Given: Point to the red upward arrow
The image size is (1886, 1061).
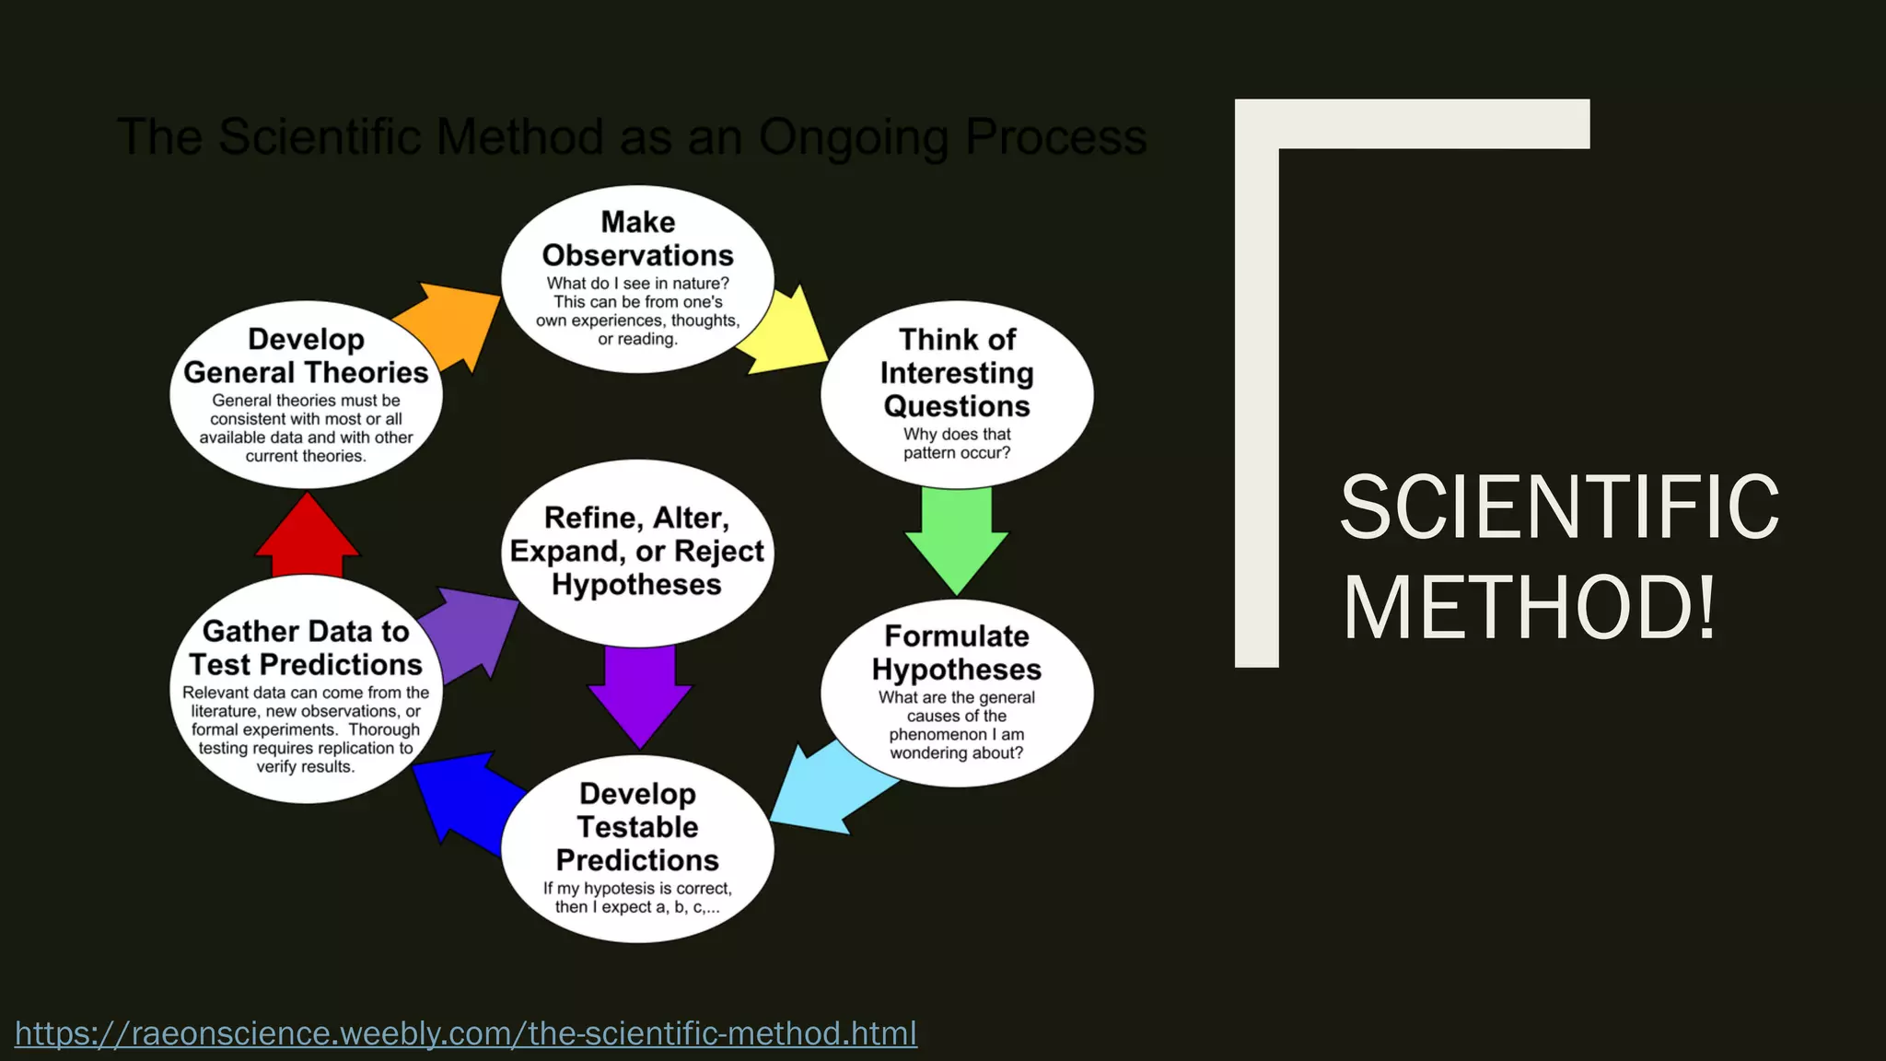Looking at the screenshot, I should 307,539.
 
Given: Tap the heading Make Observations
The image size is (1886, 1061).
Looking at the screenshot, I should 637,239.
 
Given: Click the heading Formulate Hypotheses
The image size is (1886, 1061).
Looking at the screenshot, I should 957,652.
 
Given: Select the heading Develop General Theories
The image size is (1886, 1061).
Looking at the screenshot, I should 306,356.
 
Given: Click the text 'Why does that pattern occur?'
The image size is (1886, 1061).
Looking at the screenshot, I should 957,443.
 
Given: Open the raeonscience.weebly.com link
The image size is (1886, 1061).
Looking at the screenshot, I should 466,1033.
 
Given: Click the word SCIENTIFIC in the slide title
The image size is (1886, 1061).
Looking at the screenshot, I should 1559,507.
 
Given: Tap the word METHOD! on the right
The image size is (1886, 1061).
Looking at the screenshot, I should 1529,608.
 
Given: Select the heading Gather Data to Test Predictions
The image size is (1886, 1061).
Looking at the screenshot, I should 306,647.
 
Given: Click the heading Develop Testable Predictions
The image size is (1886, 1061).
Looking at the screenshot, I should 637,826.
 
